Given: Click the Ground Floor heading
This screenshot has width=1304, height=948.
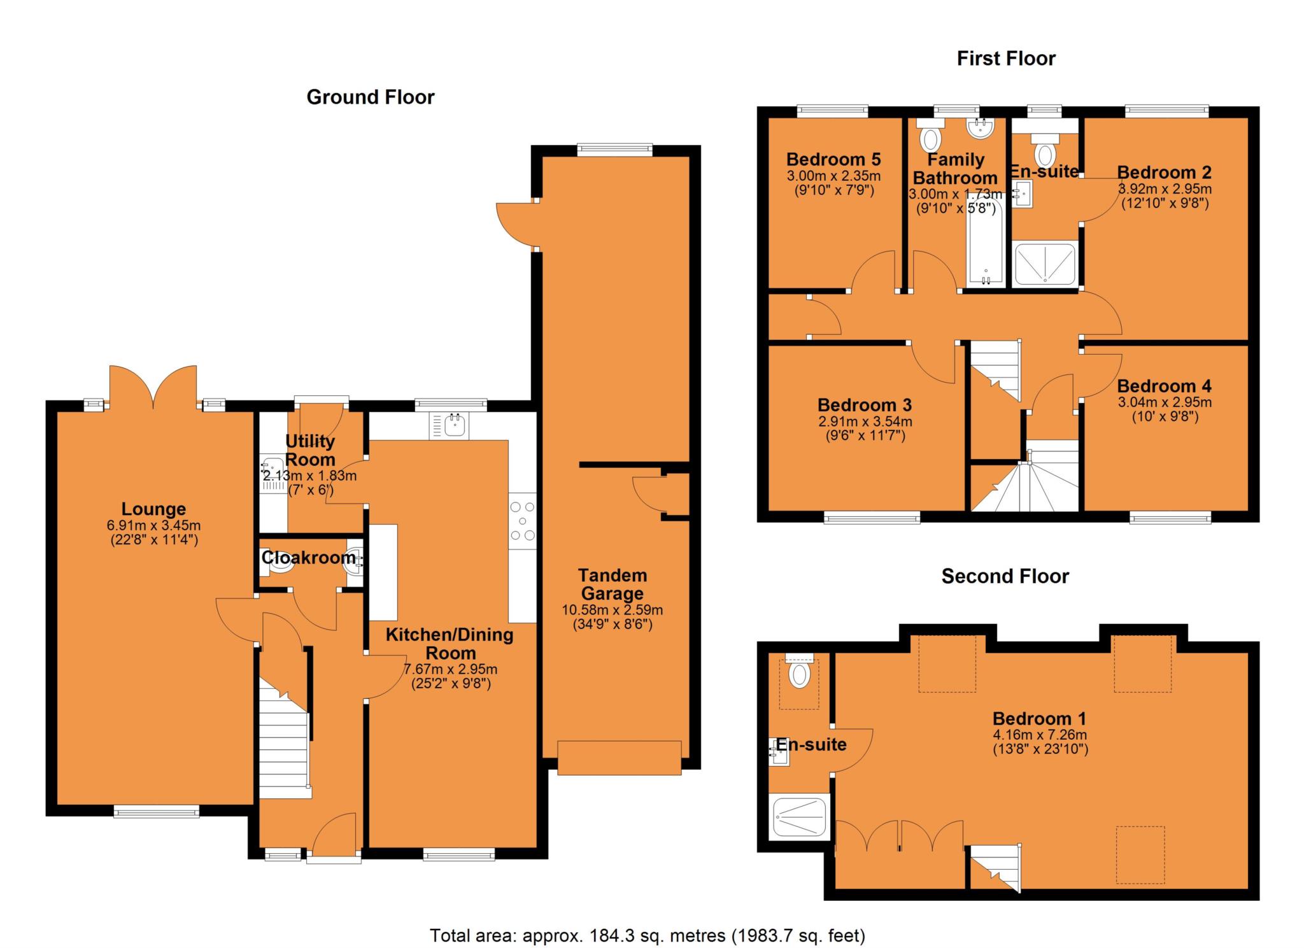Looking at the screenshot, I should (x=370, y=97).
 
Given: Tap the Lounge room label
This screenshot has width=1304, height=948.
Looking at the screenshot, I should (x=153, y=509).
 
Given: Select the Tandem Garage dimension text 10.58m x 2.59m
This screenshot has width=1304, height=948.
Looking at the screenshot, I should (x=612, y=610).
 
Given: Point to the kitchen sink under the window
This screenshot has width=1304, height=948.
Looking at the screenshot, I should (x=453, y=425).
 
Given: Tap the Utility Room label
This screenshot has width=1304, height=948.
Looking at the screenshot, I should (x=310, y=450).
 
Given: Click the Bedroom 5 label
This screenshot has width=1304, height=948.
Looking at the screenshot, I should (x=833, y=159).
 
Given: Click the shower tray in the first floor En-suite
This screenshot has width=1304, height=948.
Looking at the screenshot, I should (x=1045, y=264).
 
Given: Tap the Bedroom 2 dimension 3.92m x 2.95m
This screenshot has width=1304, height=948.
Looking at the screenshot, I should (x=1165, y=189).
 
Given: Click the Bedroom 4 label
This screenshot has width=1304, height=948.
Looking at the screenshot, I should (x=1164, y=386).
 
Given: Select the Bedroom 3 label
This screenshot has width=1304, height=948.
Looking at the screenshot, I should (x=864, y=405).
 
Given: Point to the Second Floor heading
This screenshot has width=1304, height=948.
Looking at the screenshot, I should (x=1005, y=576).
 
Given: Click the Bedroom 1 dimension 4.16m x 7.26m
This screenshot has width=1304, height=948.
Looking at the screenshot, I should (x=1040, y=735).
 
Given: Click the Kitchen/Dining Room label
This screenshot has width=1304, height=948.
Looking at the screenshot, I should (x=450, y=644).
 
